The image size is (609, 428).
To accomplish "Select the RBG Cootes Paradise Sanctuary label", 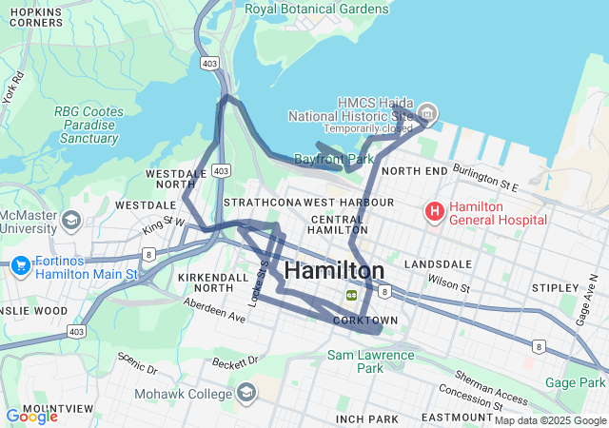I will (x=88, y=125).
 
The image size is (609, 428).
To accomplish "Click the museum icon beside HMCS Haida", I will (x=428, y=114).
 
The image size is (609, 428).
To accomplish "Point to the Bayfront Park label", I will (x=333, y=159).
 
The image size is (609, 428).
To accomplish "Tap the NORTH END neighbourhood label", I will (x=414, y=171).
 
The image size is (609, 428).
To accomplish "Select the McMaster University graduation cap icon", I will (x=71, y=222).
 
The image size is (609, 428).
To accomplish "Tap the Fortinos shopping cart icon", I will (x=20, y=265).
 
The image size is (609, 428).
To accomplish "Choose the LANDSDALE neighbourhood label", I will (x=439, y=263).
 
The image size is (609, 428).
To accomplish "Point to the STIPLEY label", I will (x=556, y=286).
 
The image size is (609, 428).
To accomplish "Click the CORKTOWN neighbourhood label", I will (x=365, y=321).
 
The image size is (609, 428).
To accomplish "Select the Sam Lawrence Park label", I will (x=371, y=362).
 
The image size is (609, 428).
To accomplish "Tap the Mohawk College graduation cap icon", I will (x=247, y=393).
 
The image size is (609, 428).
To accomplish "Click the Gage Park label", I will (x=576, y=382).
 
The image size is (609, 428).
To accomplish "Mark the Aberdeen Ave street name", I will (x=214, y=311).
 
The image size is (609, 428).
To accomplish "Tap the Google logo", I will (x=31, y=416).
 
